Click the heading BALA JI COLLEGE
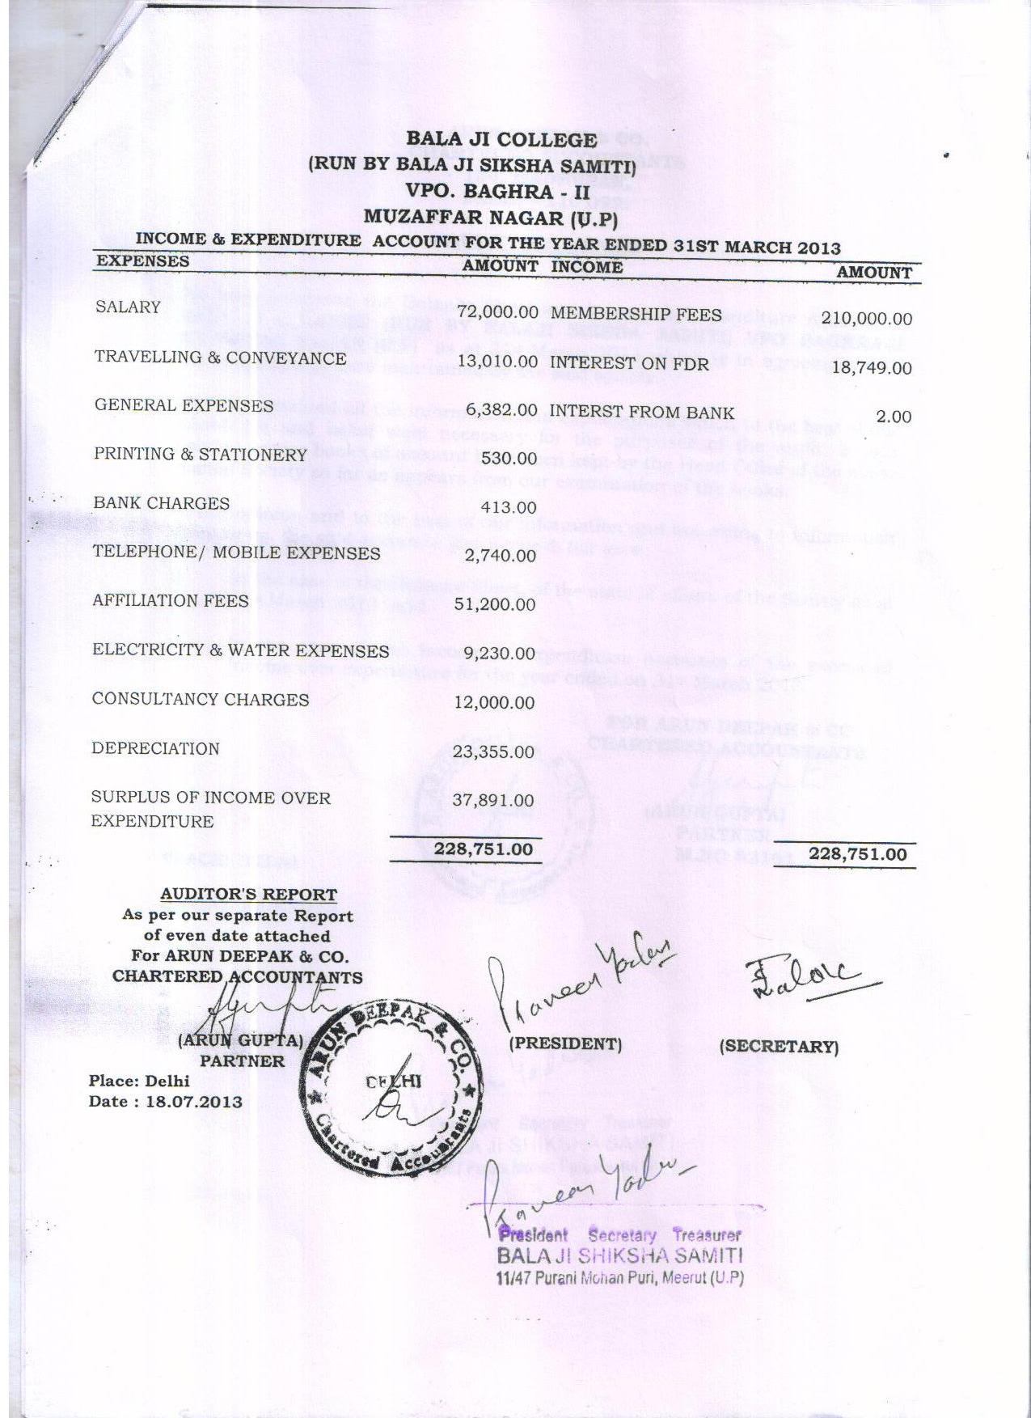coord(501,138)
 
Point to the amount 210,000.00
coord(866,320)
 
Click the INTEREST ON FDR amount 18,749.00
coord(872,368)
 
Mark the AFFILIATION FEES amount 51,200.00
coord(495,604)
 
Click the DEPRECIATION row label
coord(155,748)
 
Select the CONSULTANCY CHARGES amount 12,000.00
coord(494,702)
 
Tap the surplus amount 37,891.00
coord(494,800)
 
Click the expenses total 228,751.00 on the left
coord(484,849)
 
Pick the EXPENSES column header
coord(142,261)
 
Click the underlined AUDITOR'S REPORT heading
coord(248,894)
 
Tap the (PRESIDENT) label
coord(565,1043)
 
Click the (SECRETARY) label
coord(779,1046)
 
